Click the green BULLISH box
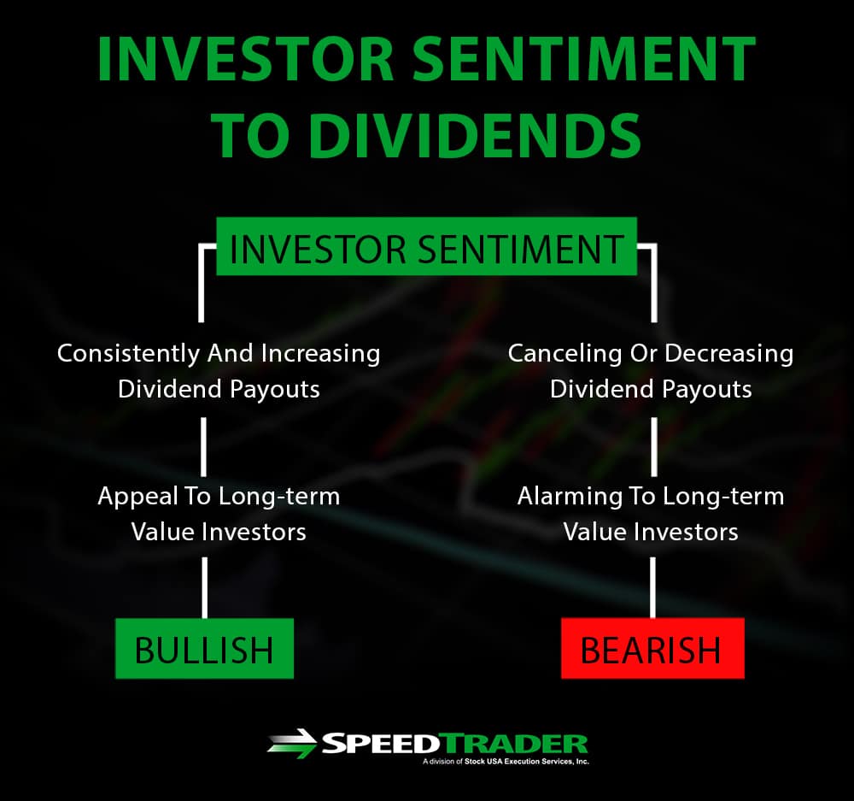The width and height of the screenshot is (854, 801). pos(204,648)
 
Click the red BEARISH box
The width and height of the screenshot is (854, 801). pos(652,648)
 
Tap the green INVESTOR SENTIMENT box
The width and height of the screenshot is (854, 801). pos(426,246)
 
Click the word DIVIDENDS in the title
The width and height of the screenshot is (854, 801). pos(477,135)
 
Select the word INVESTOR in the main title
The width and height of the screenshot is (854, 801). pos(246,59)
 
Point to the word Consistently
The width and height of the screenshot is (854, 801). pos(128,354)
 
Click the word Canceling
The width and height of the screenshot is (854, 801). pos(564,354)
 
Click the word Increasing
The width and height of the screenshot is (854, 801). pos(320,354)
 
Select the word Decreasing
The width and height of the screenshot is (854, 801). pos(729,354)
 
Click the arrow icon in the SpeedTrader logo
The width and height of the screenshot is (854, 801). pos(292,743)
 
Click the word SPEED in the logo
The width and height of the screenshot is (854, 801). pos(380,743)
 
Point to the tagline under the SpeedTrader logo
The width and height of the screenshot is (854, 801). pos(506,762)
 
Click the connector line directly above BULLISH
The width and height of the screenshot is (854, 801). pos(204,588)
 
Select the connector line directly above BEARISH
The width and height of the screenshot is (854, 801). pos(652,588)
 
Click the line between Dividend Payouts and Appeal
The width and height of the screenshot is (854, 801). pos(203,447)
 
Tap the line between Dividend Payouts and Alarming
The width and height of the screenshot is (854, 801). pos(653,447)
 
